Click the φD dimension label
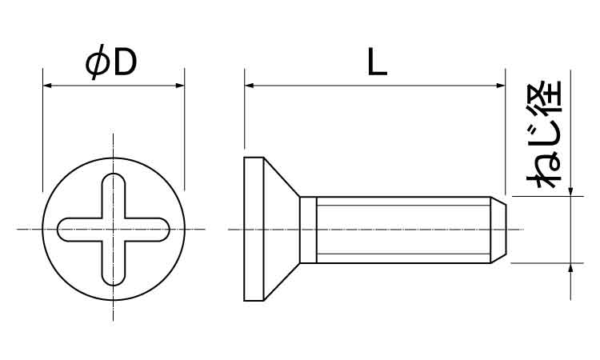coord(111,62)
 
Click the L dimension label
coord(377,62)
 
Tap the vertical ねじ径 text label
coord(544,134)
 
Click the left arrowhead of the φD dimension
coord(47,86)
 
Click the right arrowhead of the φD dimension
coord(180,86)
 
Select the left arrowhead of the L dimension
coord(249,86)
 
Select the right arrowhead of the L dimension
coord(501,86)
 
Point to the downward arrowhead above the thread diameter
coord(570,192)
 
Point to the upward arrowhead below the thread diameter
coord(570,268)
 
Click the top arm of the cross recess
coord(114,195)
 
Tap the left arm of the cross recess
coord(79,230)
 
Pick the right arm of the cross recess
coord(147,230)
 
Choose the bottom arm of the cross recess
coord(114,263)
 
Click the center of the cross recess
coord(114,230)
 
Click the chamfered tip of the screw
coord(498,230)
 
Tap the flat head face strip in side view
coord(254,229)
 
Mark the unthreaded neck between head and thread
coord(309,230)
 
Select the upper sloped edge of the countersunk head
coord(282,177)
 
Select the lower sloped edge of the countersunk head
coord(282,282)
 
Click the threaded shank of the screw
coord(404,230)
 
